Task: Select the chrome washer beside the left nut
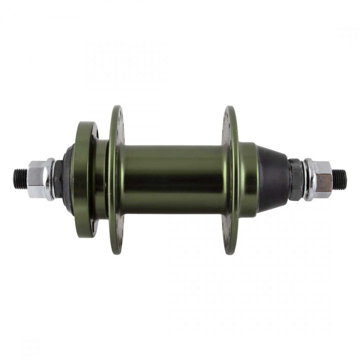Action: (49, 178)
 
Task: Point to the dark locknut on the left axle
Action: (57, 179)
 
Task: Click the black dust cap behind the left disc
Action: (68, 179)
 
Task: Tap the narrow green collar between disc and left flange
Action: (101, 179)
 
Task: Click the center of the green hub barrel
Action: (172, 179)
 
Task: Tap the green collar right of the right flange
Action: (248, 179)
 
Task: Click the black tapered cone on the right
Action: (272, 179)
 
